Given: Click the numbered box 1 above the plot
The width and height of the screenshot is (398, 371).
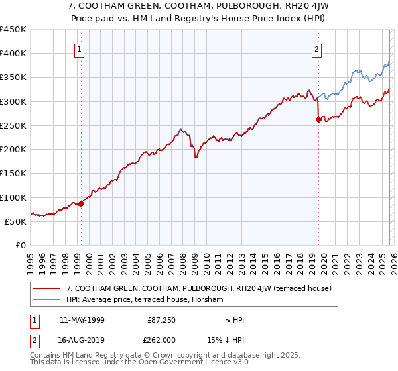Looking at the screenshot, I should click(80, 48).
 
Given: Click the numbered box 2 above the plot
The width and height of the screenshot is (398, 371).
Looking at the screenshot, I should click(317, 48).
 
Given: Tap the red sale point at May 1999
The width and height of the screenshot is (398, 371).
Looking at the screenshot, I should click(81, 204).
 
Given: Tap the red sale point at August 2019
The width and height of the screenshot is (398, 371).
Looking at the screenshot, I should click(318, 120).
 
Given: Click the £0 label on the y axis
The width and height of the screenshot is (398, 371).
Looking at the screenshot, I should click(21, 246).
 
